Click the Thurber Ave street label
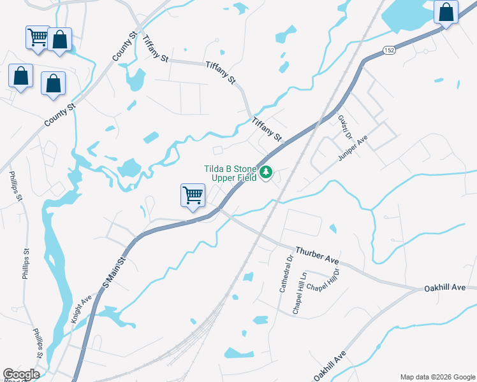pyautogui.click(x=316, y=255)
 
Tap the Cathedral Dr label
pyautogui.click(x=285, y=274)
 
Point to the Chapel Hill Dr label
pyautogui.click(x=324, y=281)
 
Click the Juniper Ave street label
pyautogui.click(x=354, y=148)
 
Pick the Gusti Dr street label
pyautogui.click(x=345, y=126)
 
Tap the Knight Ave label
pyautogui.click(x=82, y=308)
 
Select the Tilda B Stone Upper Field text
pyautogui.click(x=230, y=173)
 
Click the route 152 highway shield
pyautogui.click(x=388, y=49)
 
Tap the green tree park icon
pyautogui.click(x=266, y=173)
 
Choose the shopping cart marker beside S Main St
pyautogui.click(x=193, y=195)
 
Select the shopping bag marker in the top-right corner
pyautogui.click(x=446, y=12)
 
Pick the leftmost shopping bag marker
pyautogui.click(x=20, y=76)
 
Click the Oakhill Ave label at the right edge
pyautogui.click(x=445, y=288)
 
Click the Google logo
pyautogui.click(x=20, y=374)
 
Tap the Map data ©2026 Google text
pyautogui.click(x=437, y=377)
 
